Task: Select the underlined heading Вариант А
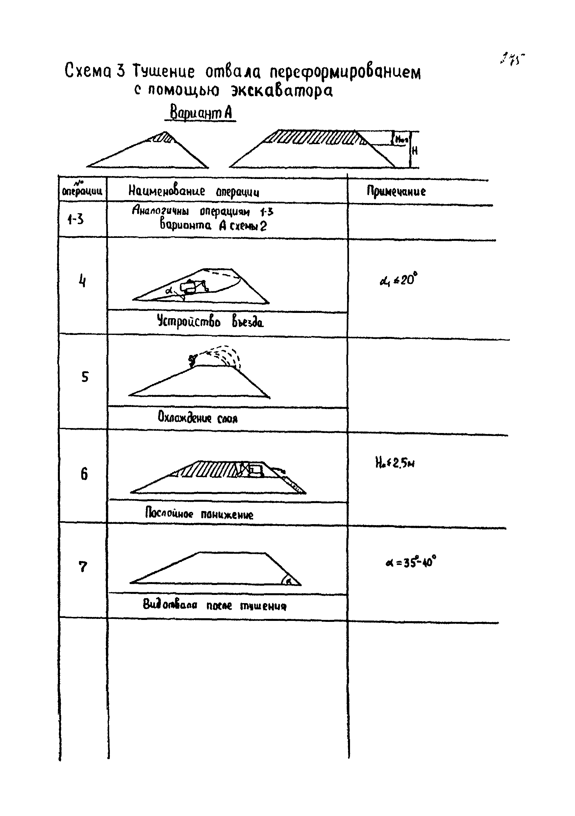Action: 201,113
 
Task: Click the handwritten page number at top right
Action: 512,59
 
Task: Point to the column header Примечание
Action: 396,191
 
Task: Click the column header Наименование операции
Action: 194,191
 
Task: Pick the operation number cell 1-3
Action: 76,219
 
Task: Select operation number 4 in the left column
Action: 82,281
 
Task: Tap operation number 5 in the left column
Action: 85,377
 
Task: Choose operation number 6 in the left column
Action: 84,474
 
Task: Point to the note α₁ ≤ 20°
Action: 398,280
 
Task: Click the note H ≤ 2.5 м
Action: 395,463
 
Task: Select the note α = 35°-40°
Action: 411,563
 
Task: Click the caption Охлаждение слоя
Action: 198,417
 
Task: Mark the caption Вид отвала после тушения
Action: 214,604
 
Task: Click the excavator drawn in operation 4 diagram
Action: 192,287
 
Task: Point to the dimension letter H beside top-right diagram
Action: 414,151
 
